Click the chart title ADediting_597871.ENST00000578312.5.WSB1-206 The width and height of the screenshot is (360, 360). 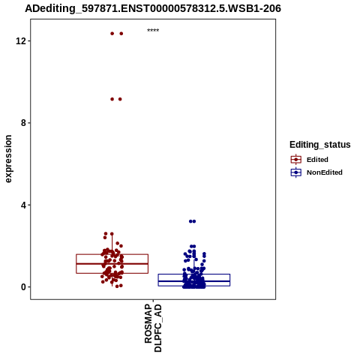(x=153, y=8)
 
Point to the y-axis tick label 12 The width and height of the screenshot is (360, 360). (x=21, y=40)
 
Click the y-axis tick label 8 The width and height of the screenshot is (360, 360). (x=24, y=123)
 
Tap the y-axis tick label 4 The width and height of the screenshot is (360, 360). (x=24, y=205)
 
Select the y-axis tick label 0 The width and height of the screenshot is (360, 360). (x=24, y=287)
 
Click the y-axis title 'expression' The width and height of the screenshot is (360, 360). (x=8, y=159)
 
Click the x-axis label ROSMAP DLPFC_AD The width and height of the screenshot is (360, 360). (x=153, y=328)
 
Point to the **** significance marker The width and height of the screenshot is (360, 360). (x=153, y=30)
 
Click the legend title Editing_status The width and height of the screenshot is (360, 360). (x=320, y=145)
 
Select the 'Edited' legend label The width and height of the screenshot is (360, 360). (x=317, y=160)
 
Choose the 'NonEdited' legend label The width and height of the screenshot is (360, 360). (x=325, y=172)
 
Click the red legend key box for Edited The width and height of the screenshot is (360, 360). (x=296, y=160)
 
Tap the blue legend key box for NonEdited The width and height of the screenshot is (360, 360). (x=296, y=172)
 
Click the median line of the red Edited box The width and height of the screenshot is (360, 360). (x=112, y=264)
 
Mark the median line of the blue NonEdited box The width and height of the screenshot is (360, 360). (x=194, y=281)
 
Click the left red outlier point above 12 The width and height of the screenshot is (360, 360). (x=112, y=34)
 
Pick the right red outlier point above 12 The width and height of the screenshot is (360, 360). (x=121, y=34)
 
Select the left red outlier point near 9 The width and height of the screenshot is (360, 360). (x=112, y=99)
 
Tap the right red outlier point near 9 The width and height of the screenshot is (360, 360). (x=120, y=99)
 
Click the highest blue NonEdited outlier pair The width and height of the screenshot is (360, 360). (x=192, y=221)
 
